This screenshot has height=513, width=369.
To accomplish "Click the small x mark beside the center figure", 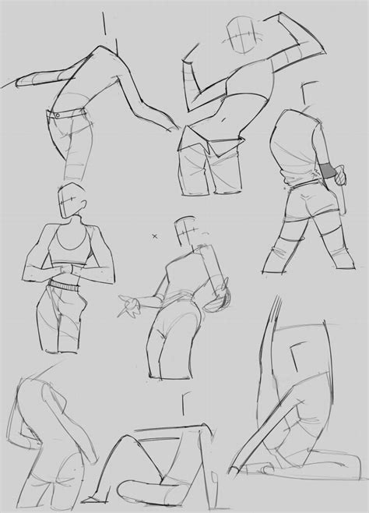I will pyautogui.click(x=154, y=235).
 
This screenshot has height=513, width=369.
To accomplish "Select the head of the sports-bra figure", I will pyautogui.click(x=71, y=202).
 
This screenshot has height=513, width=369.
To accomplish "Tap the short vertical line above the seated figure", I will pyautogui.click(x=181, y=406).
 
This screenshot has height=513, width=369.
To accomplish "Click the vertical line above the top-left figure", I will pyautogui.click(x=102, y=26).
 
